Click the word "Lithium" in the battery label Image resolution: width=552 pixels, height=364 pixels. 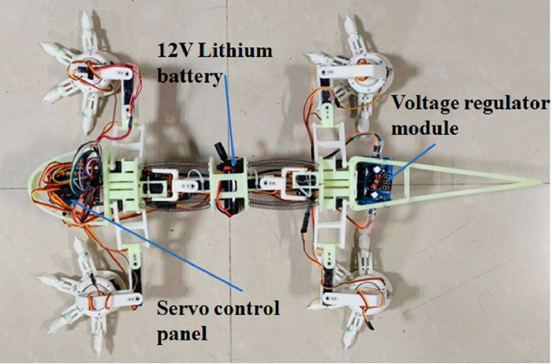pyautogui.click(x=235, y=51)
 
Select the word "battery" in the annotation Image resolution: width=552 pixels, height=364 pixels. pyautogui.click(x=190, y=76)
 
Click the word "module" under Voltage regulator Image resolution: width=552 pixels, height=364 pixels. pyautogui.click(x=425, y=128)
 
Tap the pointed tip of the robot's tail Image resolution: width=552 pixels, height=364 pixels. pyautogui.click(x=539, y=182)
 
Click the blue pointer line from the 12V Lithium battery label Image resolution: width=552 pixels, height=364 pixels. pyautogui.click(x=228, y=120)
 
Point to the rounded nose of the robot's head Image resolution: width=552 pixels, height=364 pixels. pyautogui.click(x=31, y=183)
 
